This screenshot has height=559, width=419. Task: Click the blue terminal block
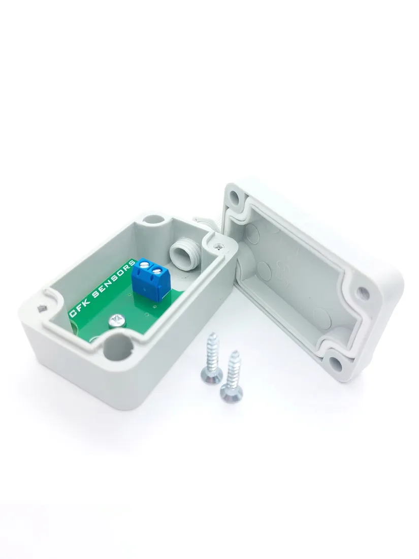(150, 276)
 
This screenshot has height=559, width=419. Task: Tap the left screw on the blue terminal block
(145, 264)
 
